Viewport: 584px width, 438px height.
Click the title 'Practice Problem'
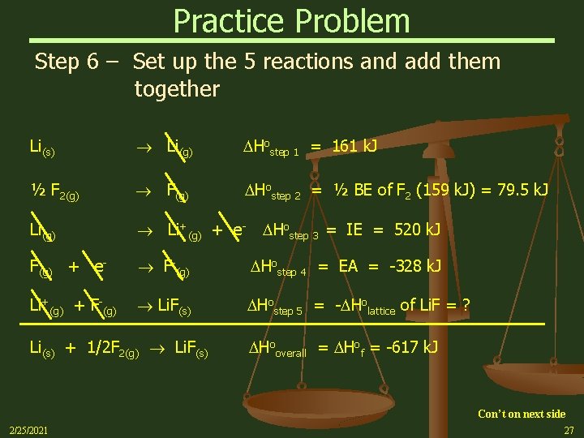(292, 20)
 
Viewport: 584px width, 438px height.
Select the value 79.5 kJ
(521, 191)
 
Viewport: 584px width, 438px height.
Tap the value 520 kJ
(417, 230)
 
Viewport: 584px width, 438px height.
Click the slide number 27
(569, 431)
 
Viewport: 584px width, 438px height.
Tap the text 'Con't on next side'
(521, 414)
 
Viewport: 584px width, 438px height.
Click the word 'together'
(177, 89)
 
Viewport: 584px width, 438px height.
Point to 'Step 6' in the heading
(68, 62)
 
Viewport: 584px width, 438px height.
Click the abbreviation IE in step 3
(354, 230)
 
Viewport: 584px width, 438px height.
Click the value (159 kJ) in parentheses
(448, 191)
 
